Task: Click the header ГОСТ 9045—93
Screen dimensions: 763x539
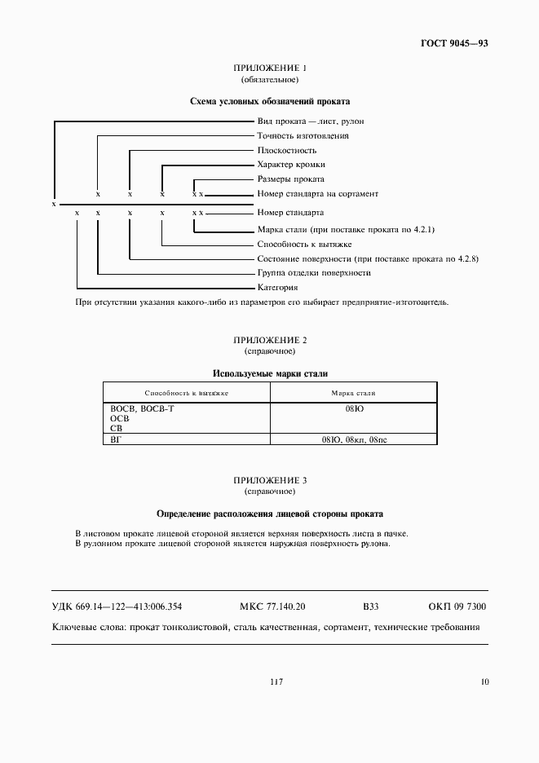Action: [x=455, y=43]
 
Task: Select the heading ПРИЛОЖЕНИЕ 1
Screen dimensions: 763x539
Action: [x=269, y=68]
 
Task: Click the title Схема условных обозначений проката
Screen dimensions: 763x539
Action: [x=269, y=102]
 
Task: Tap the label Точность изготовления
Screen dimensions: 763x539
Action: [x=303, y=135]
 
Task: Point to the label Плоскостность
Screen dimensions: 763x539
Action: [x=286, y=150]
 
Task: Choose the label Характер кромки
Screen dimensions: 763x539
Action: [x=290, y=165]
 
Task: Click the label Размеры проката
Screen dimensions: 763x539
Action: [x=290, y=179]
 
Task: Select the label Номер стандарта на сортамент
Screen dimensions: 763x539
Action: [x=317, y=194]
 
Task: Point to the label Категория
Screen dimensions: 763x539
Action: [x=277, y=287]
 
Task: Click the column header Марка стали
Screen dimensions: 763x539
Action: [x=353, y=393]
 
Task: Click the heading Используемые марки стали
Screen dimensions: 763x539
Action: [x=270, y=373]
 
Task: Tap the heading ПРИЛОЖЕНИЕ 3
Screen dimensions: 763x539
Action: [x=269, y=481]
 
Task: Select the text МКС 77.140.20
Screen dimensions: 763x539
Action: [x=272, y=606]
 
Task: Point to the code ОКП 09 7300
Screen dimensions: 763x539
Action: [x=457, y=606]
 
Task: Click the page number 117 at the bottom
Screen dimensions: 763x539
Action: [x=275, y=681]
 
